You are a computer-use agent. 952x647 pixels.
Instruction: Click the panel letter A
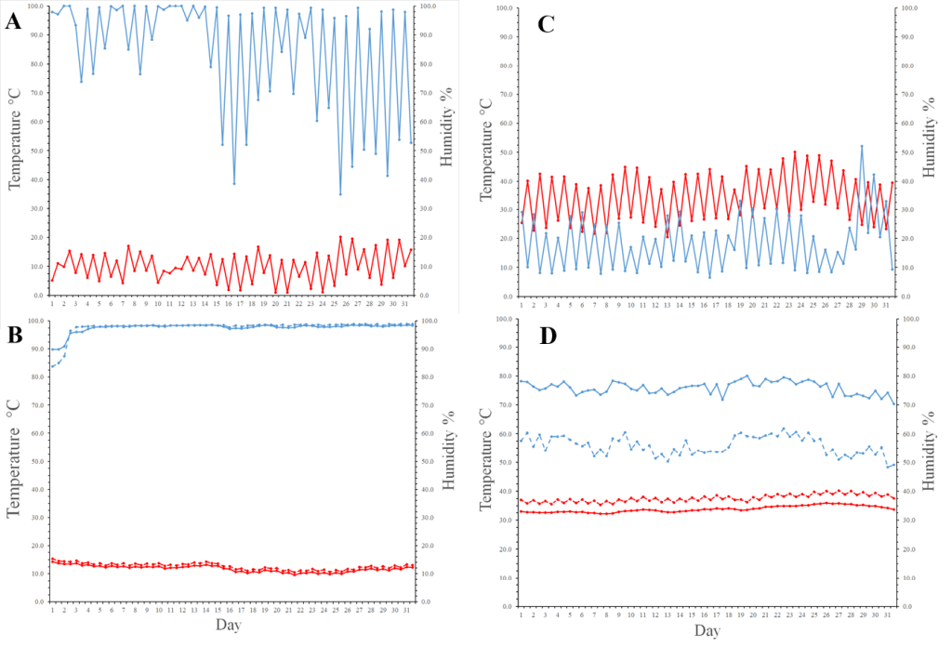(x=13, y=21)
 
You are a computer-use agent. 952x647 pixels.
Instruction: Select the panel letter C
(x=547, y=25)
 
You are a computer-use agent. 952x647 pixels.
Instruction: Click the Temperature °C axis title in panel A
(x=16, y=149)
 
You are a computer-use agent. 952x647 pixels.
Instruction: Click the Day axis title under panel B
(x=229, y=626)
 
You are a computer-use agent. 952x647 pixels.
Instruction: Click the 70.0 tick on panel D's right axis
(x=916, y=405)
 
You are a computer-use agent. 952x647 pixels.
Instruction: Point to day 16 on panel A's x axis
(x=228, y=304)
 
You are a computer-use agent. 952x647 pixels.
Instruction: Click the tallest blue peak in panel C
(x=862, y=146)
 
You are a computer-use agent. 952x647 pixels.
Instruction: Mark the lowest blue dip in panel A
(x=340, y=194)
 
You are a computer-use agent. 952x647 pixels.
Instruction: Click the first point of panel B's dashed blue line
(x=52, y=366)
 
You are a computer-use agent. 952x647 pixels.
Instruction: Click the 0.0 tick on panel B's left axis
(x=33, y=602)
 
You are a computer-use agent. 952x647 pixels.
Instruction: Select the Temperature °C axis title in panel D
(x=486, y=462)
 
